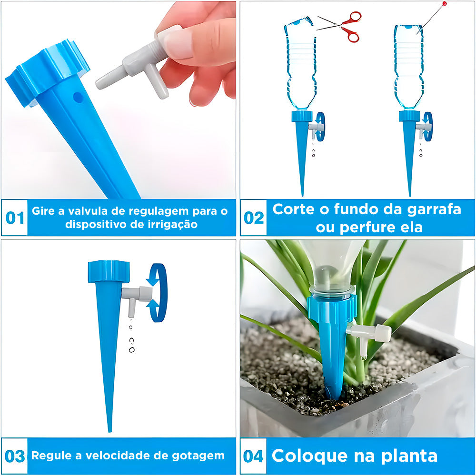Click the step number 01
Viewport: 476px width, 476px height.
(x=15, y=218)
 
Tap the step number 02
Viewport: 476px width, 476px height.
(x=254, y=218)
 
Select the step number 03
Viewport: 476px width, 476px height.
(x=15, y=456)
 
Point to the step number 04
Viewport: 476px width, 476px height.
(x=254, y=456)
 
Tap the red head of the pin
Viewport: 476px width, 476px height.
(x=445, y=4)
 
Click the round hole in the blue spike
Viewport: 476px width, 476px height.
(x=78, y=97)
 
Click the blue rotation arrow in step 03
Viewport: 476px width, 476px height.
(x=158, y=293)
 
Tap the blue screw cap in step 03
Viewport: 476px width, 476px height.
(x=109, y=272)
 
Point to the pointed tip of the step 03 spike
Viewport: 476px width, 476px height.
(x=109, y=432)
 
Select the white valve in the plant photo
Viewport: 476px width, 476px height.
(x=369, y=336)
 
